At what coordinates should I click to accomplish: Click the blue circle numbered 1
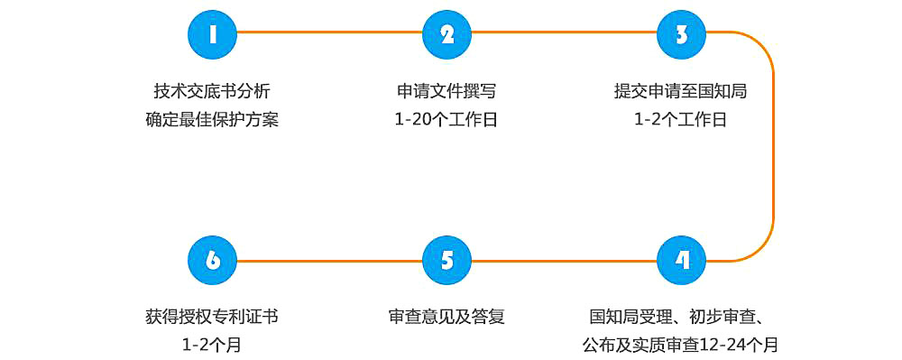click(x=212, y=34)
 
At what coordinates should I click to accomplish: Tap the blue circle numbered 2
click(x=446, y=34)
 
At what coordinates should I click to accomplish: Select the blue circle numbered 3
click(x=682, y=34)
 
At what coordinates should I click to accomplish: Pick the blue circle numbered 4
click(x=682, y=261)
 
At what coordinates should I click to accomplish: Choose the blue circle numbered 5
click(x=446, y=261)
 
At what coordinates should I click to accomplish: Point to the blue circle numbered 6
click(x=212, y=261)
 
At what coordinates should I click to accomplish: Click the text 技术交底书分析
click(x=212, y=91)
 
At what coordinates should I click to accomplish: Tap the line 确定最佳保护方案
click(x=212, y=119)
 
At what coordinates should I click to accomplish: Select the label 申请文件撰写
click(x=446, y=91)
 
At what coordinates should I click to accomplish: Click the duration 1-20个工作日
click(x=446, y=119)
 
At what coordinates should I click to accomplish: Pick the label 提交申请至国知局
click(x=681, y=91)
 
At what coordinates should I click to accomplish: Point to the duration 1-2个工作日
click(x=681, y=119)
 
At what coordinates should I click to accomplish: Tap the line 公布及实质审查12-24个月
click(x=681, y=344)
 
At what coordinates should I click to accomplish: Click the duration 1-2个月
click(x=212, y=344)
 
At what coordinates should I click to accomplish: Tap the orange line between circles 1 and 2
click(x=329, y=33)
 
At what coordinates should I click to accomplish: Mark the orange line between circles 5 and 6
click(x=329, y=261)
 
